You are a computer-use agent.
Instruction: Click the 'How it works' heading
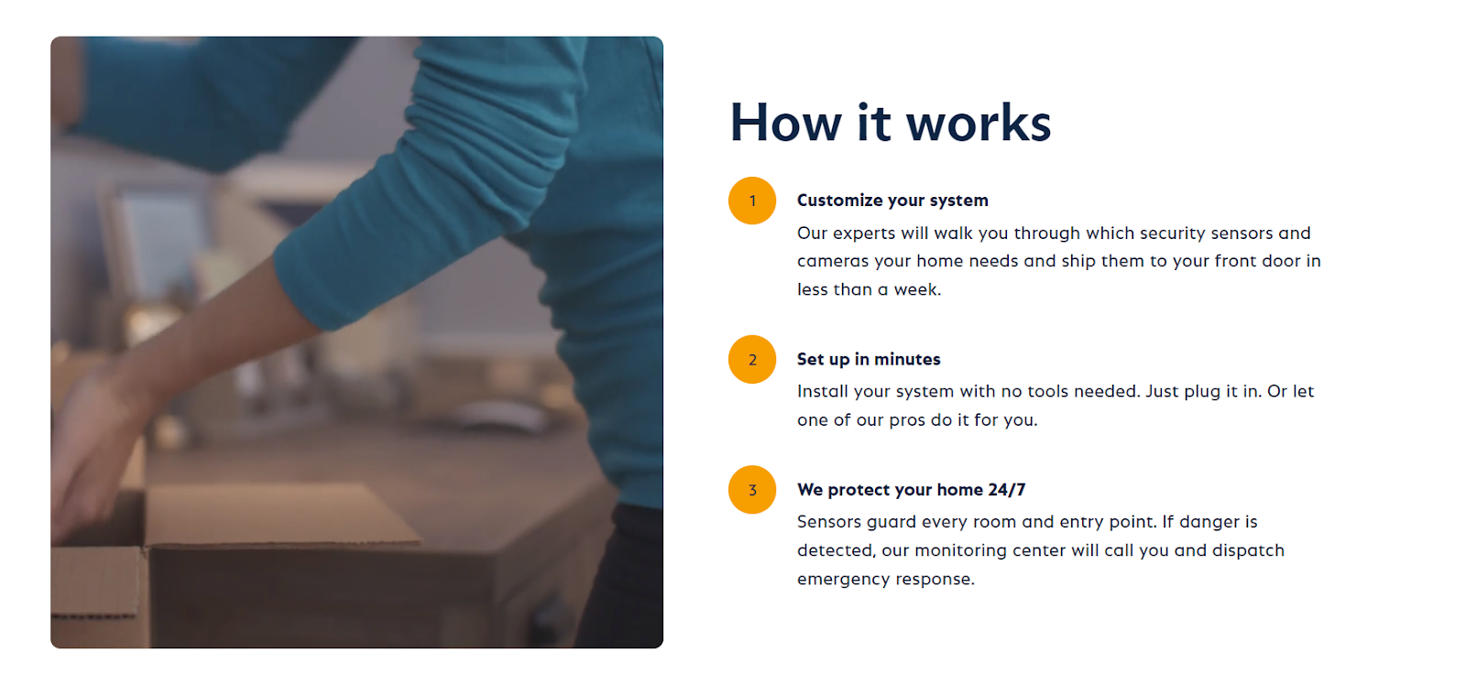(x=890, y=123)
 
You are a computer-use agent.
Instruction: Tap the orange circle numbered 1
(x=752, y=201)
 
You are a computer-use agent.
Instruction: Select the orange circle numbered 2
(x=752, y=359)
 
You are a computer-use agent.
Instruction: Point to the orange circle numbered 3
(x=752, y=489)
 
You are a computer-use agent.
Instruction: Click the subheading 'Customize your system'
(x=892, y=201)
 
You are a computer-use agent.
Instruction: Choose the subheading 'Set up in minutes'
(x=869, y=359)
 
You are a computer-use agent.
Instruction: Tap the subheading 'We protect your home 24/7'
(x=911, y=489)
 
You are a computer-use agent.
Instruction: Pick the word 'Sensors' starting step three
(x=828, y=522)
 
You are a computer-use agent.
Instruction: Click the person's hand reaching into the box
(x=92, y=458)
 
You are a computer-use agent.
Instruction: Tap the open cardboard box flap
(x=281, y=517)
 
